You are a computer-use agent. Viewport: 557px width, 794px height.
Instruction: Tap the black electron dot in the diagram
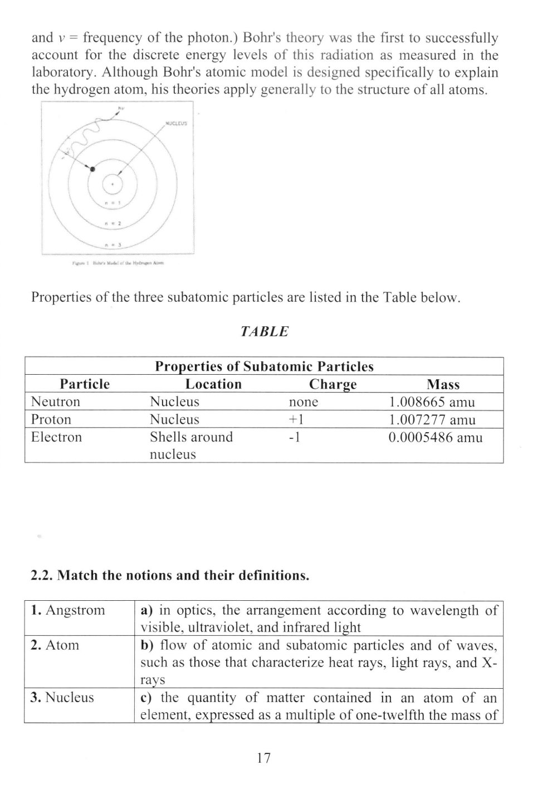[93, 169]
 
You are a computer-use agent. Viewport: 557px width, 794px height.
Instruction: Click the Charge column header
[333, 384]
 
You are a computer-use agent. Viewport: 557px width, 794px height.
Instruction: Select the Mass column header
[443, 384]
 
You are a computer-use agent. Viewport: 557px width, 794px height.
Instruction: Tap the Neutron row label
[56, 401]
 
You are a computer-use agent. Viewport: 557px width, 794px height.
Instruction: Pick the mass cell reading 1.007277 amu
[432, 419]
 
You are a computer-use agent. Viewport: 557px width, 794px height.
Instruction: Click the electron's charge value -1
[295, 437]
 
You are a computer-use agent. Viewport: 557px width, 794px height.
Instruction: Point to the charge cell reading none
[304, 401]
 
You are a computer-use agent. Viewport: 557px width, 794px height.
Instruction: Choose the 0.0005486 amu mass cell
[435, 437]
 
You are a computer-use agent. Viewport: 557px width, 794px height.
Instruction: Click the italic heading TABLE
[264, 331]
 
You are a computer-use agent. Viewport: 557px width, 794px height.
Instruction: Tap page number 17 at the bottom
[264, 757]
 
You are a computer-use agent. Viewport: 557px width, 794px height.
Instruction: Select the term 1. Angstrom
[68, 610]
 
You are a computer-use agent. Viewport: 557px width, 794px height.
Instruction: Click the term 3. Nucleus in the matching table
[62, 697]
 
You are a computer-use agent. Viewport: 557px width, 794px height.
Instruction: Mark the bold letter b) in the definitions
[147, 645]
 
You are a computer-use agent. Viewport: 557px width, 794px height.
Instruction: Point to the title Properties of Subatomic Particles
[264, 366]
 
